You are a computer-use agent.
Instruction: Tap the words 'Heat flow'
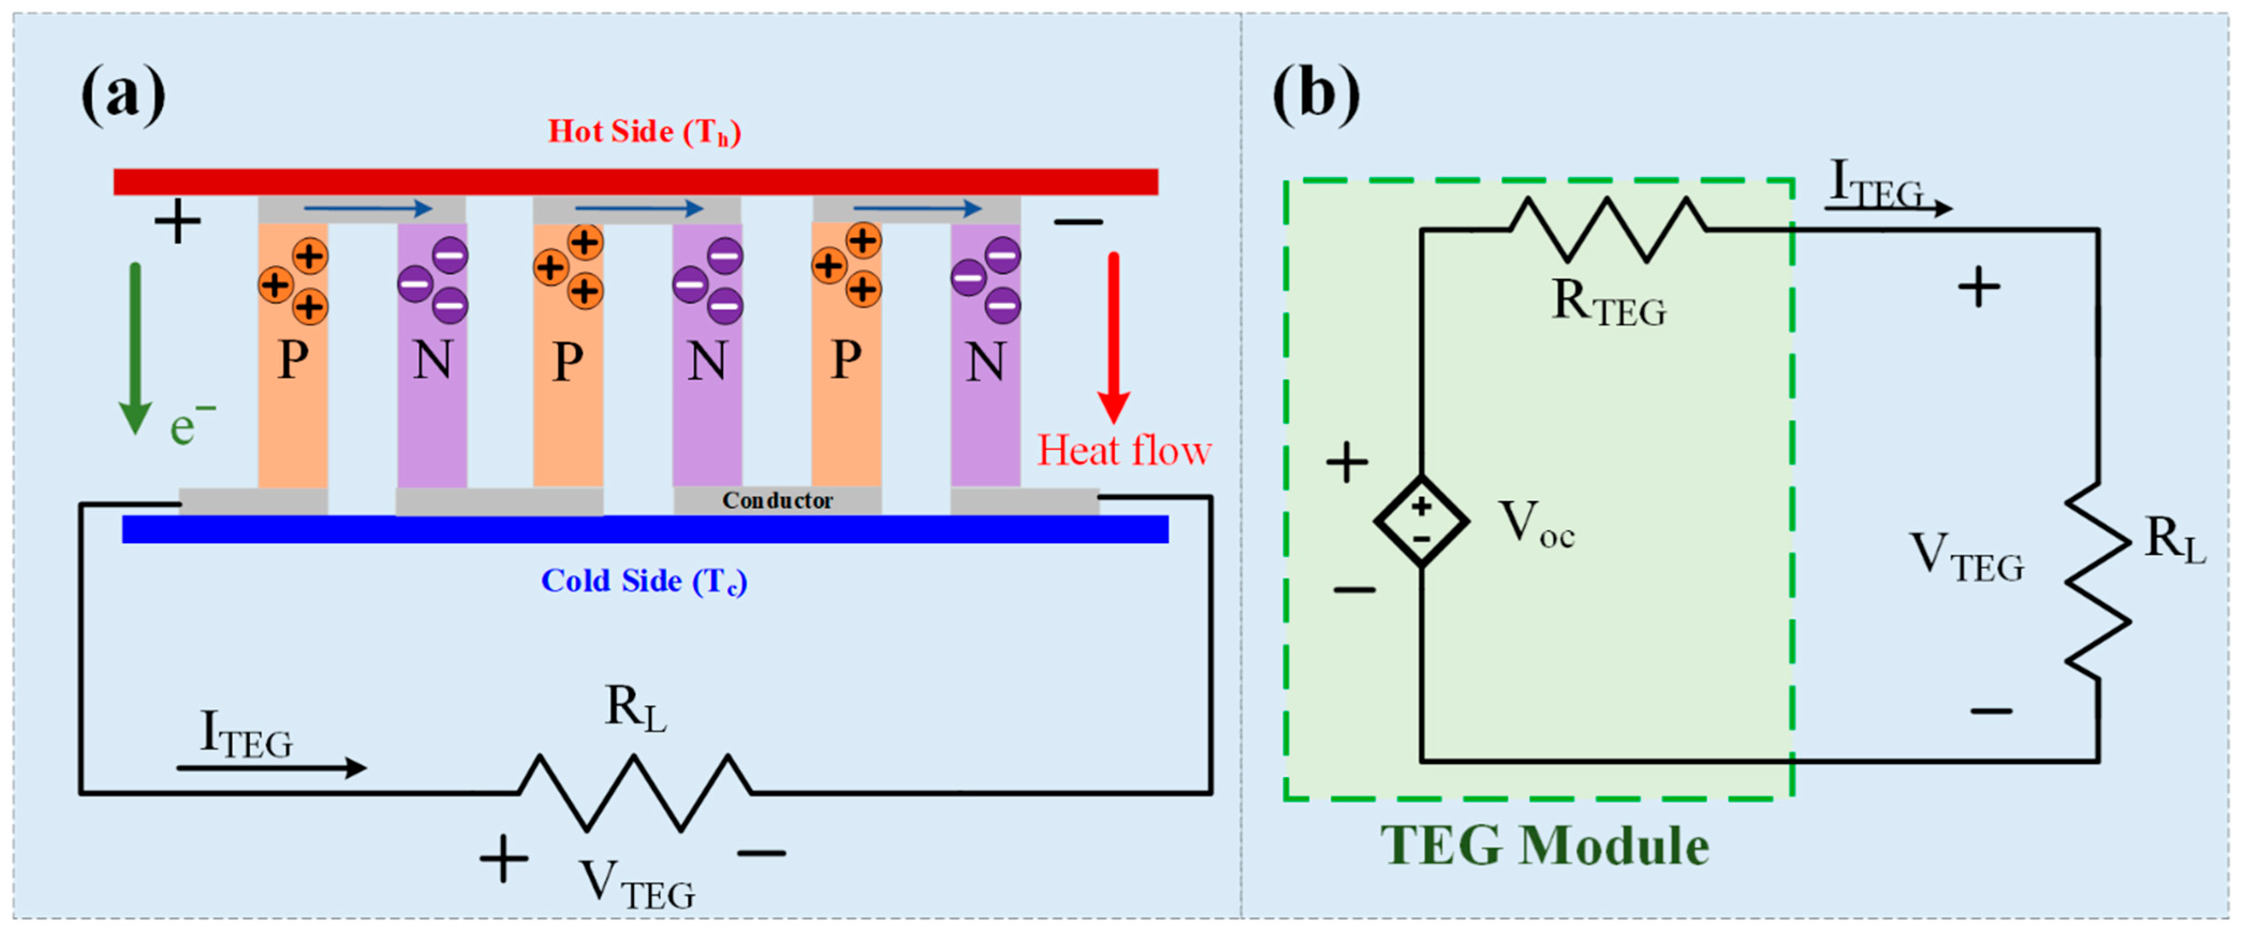1123,451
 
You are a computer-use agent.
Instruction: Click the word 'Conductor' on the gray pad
777,501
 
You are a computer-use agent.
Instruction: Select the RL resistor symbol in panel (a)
635,792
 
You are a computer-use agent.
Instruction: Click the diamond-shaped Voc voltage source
1421,522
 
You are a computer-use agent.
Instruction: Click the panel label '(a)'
123,94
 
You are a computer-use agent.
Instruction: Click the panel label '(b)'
1315,94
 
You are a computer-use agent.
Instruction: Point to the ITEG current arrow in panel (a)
270,768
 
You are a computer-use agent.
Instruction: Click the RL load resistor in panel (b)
2097,581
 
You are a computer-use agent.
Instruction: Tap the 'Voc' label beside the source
1535,525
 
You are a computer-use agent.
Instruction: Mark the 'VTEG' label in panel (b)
1966,559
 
